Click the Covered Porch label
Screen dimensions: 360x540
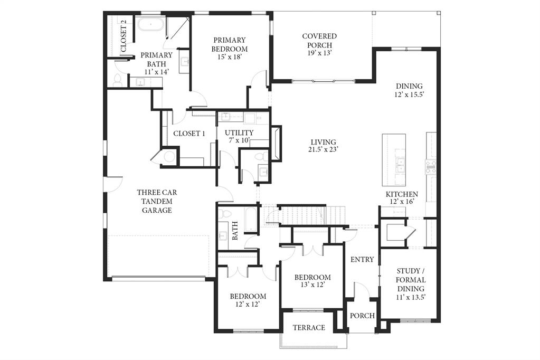pyautogui.click(x=319, y=36)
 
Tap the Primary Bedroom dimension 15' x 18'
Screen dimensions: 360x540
pyautogui.click(x=230, y=57)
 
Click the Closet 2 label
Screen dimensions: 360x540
pyautogui.click(x=124, y=35)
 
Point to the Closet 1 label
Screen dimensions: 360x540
pyautogui.click(x=189, y=134)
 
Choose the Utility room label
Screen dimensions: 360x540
pyautogui.click(x=239, y=132)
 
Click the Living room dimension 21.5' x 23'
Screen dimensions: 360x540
pyautogui.click(x=323, y=149)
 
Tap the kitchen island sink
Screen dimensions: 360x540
pyautogui.click(x=400, y=164)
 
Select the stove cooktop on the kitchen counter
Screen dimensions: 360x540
pyautogui.click(x=431, y=167)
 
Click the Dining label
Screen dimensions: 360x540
pyautogui.click(x=410, y=86)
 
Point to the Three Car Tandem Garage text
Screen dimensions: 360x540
pyautogui.click(x=156, y=201)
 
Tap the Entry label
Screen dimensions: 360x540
pyautogui.click(x=362, y=260)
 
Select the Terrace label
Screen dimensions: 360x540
pyautogui.click(x=309, y=328)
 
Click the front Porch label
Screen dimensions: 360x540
pyautogui.click(x=362, y=316)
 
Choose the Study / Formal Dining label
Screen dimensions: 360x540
pyautogui.click(x=411, y=280)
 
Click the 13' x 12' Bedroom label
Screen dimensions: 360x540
pyautogui.click(x=312, y=277)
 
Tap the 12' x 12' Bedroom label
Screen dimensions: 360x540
pyautogui.click(x=247, y=297)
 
